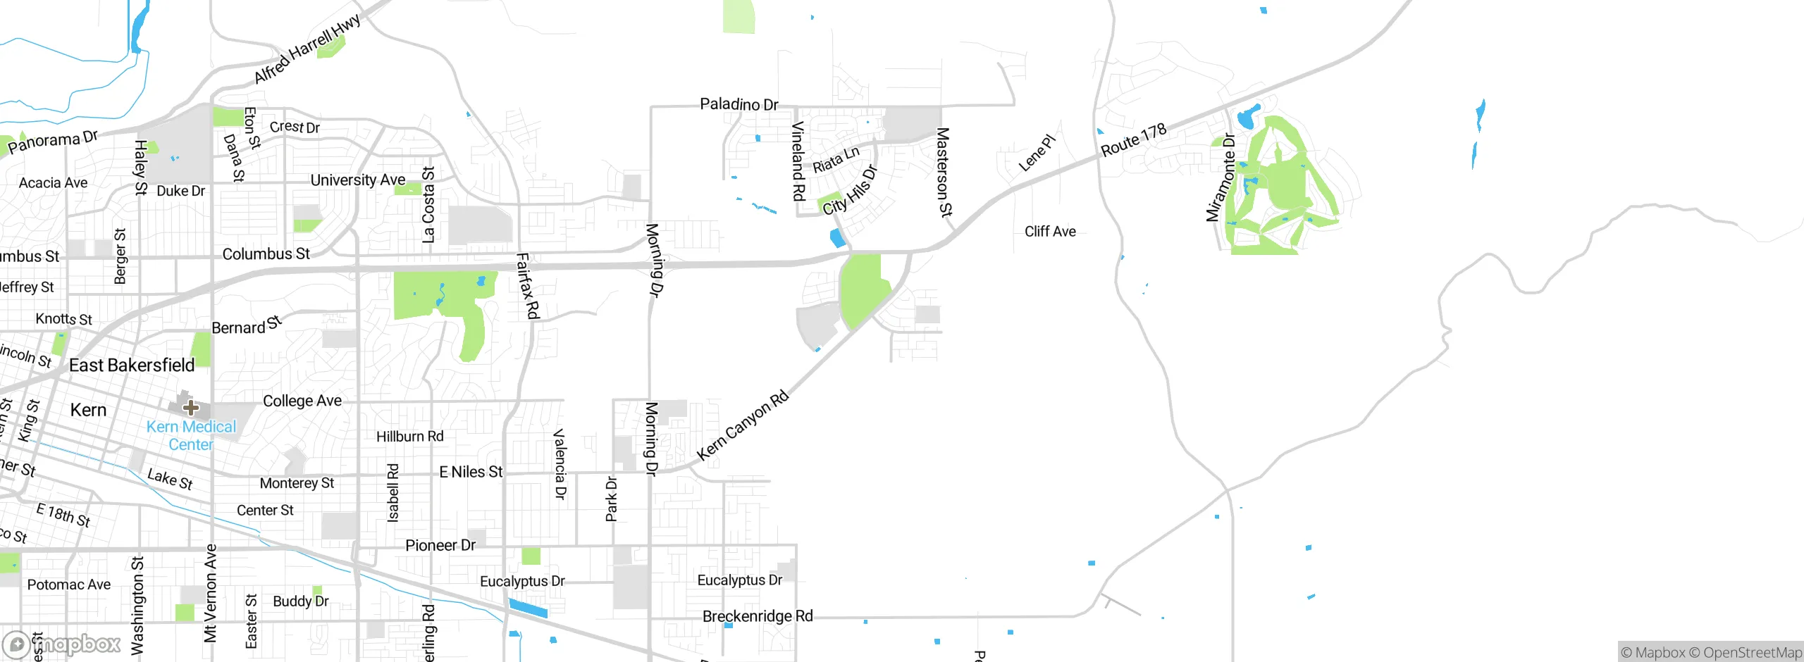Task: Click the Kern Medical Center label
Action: coord(191,435)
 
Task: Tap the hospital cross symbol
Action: coord(190,407)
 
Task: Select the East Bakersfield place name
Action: coord(132,365)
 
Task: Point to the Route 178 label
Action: coord(1133,139)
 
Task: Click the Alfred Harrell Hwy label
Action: coord(307,48)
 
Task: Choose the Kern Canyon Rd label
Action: coord(743,425)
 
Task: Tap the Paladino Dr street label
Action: coord(739,104)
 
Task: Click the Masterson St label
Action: coord(944,172)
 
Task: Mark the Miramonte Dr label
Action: coord(1221,177)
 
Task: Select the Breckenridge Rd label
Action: coord(758,616)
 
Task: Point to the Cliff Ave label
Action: coord(1050,231)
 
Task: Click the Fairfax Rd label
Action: coord(528,286)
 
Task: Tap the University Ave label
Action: coord(358,180)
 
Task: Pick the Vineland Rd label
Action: coord(798,161)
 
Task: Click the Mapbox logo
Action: coord(62,644)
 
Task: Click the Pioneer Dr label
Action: coord(440,545)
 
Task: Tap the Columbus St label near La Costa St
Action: coord(266,254)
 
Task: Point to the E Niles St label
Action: coord(471,472)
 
